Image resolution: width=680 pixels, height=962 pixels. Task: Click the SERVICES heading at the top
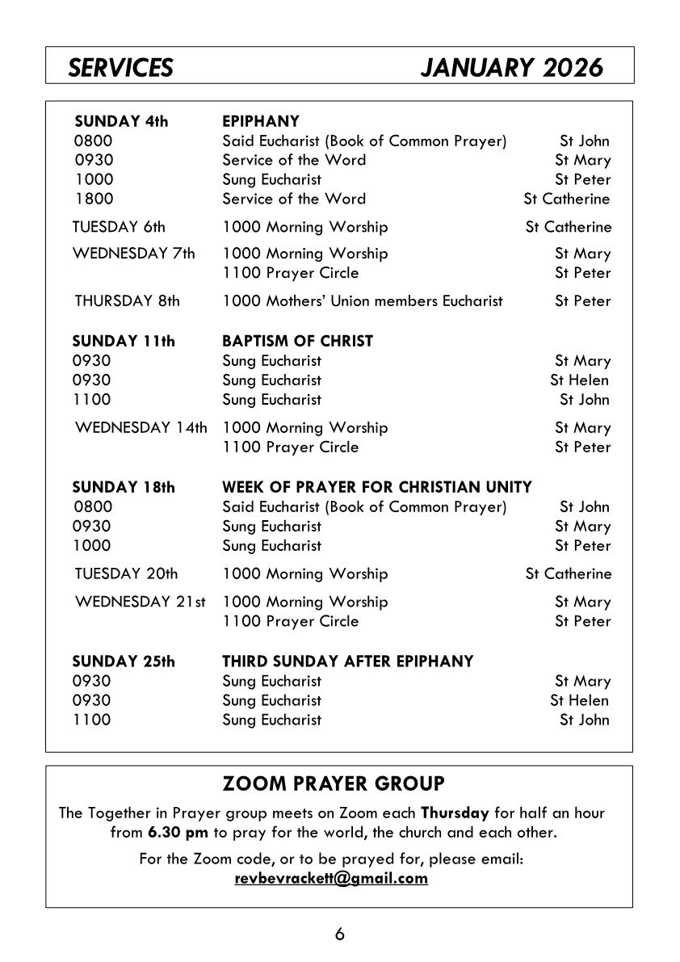[120, 68]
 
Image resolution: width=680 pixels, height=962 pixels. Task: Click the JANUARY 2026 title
[511, 68]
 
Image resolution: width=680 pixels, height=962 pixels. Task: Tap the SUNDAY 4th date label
[121, 122]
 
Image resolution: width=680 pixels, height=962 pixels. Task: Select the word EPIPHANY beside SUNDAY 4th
[261, 122]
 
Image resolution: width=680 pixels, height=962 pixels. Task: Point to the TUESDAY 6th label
[119, 227]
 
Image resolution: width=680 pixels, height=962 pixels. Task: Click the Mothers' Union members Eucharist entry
[363, 301]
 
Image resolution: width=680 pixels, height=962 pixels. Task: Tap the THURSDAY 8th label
[127, 301]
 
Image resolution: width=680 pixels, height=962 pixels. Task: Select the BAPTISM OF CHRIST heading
[297, 341]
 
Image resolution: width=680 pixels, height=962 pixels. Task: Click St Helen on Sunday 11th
[579, 380]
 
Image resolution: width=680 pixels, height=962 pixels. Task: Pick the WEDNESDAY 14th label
[141, 427]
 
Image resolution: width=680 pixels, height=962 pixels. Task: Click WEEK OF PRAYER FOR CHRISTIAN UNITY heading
[377, 487]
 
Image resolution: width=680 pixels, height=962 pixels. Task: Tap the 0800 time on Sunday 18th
[94, 507]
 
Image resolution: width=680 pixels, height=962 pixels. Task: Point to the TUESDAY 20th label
[126, 574]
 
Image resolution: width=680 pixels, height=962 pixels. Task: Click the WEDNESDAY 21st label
[141, 602]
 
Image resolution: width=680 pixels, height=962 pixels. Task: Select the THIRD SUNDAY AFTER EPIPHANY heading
[347, 662]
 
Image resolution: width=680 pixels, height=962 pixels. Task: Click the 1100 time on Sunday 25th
[92, 720]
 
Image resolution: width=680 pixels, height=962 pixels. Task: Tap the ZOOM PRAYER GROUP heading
[333, 783]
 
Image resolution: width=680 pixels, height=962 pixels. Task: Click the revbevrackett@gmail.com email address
[331, 879]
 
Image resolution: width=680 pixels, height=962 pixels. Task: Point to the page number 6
[339, 935]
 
